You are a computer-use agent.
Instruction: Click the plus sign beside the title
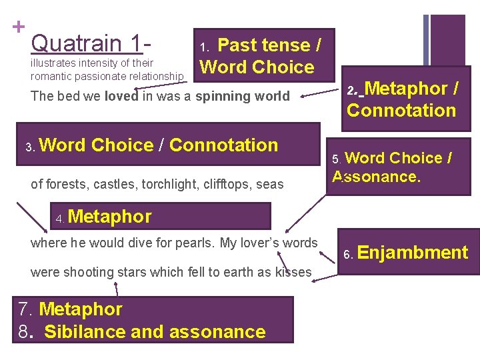click(19, 27)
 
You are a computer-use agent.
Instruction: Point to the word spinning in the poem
click(227, 96)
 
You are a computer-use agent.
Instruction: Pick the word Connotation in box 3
click(224, 145)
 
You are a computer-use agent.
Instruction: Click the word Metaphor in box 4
click(110, 216)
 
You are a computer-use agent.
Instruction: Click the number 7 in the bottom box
click(24, 309)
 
